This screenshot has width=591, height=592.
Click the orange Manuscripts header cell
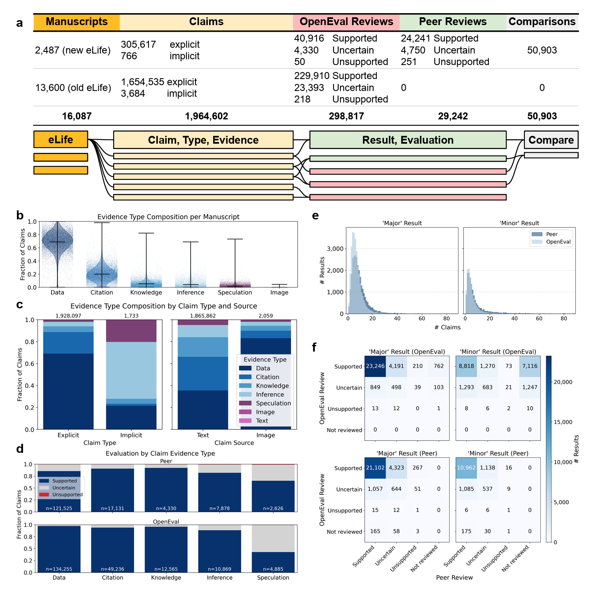77,22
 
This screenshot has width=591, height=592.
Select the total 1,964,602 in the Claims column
206,117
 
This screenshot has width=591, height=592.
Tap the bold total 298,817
346,117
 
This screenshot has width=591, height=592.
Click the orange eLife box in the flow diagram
60,140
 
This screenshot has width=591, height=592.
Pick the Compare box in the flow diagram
551,140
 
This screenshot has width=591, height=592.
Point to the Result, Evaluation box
407,140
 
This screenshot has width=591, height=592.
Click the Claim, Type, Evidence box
203,140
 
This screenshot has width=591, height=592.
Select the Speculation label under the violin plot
235,293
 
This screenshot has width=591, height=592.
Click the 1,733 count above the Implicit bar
131,316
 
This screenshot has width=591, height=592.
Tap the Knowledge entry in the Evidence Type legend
272,386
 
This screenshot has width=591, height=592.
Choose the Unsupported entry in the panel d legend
67,494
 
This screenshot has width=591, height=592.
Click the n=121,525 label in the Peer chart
59,508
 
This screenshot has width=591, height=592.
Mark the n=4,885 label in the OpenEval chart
273,569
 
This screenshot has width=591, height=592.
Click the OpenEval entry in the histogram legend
558,242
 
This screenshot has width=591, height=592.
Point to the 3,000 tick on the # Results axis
335,249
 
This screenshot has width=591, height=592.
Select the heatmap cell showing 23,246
375,366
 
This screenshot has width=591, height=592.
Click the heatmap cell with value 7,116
530,366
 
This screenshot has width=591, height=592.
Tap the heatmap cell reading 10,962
466,468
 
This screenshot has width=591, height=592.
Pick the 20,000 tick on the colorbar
563,382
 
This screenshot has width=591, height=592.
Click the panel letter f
314,348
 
